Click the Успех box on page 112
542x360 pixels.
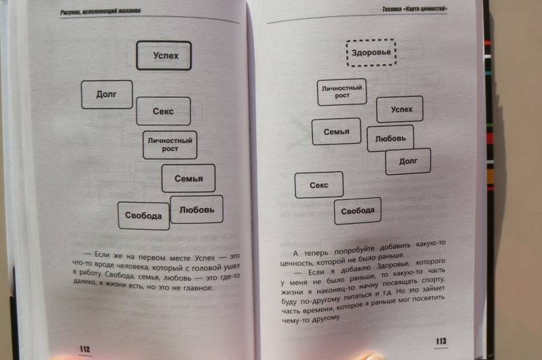click(164, 56)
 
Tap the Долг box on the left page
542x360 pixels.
click(107, 94)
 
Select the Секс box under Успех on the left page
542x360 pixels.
click(163, 111)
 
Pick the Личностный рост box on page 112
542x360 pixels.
click(170, 145)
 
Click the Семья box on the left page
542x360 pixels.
click(188, 178)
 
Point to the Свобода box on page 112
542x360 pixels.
click(144, 216)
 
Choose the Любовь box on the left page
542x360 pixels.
click(196, 209)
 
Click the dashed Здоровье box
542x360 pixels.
click(371, 53)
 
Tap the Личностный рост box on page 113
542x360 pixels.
click(342, 92)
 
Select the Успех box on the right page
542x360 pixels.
click(400, 109)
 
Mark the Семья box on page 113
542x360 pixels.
click(336, 132)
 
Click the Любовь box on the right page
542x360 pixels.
click(390, 138)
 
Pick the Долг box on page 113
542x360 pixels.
click(409, 161)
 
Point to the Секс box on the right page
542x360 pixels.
click(319, 185)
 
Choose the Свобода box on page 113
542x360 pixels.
click(358, 211)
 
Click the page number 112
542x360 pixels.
click(85, 349)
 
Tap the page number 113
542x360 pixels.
click(441, 341)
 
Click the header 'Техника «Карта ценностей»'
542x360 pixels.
click(415, 9)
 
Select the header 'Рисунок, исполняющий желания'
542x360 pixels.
click(100, 12)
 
